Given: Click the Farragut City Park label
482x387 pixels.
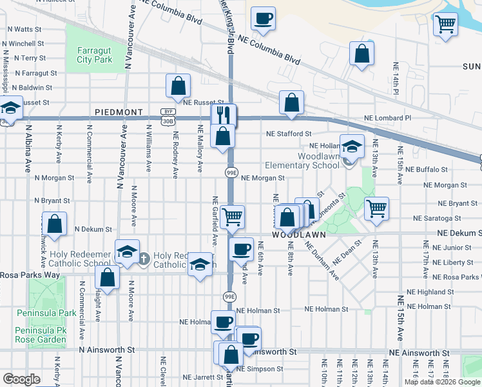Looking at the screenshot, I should pyautogui.click(x=95, y=55).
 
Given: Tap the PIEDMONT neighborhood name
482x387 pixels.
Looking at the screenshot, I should pyautogui.click(x=119, y=112).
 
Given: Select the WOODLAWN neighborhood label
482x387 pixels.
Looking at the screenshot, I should pyautogui.click(x=297, y=236).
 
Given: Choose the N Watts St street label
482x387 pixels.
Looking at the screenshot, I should pyautogui.click(x=24, y=30).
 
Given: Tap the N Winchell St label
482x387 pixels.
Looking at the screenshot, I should pyautogui.click(x=23, y=44).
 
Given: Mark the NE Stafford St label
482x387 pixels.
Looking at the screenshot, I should pyautogui.click(x=289, y=134).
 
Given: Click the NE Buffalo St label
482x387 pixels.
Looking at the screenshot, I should pyautogui.click(x=426, y=170).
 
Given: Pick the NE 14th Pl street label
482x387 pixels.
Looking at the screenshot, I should pyautogui.click(x=396, y=78).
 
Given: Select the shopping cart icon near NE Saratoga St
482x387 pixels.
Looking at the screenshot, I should pyautogui.click(x=376, y=208).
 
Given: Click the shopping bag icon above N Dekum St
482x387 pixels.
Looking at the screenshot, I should pyautogui.click(x=55, y=224).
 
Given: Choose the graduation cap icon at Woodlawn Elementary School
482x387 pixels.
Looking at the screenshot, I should pyautogui.click(x=352, y=146).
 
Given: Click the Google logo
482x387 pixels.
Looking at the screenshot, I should pyautogui.click(x=21, y=379).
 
